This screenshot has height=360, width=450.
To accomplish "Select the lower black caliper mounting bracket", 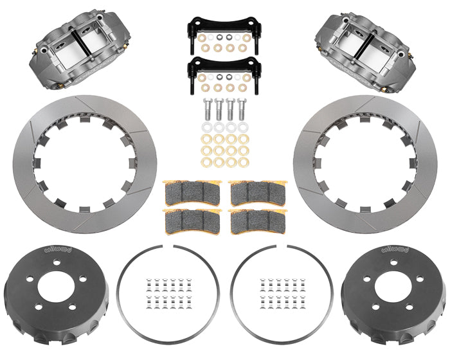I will pyautogui.click(x=224, y=66).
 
